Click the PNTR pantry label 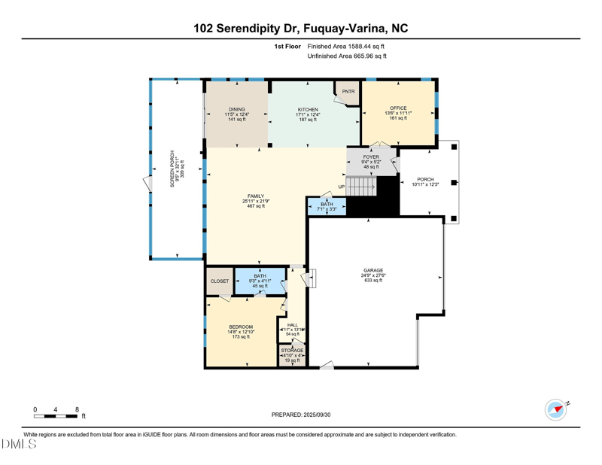pos(348,92)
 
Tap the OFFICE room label pos(397,108)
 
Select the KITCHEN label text pos(307,110)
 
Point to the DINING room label pos(237,110)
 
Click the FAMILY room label pos(256,196)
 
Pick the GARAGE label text pos(372,270)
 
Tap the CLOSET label pos(220,281)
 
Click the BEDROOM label pos(241,327)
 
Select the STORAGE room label pos(292,351)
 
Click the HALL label pos(292,324)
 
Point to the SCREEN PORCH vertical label pos(172,169)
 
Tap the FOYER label pos(371,157)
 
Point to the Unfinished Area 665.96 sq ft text pos(347,56)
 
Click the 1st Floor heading pos(287,46)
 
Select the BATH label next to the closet pos(260,276)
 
